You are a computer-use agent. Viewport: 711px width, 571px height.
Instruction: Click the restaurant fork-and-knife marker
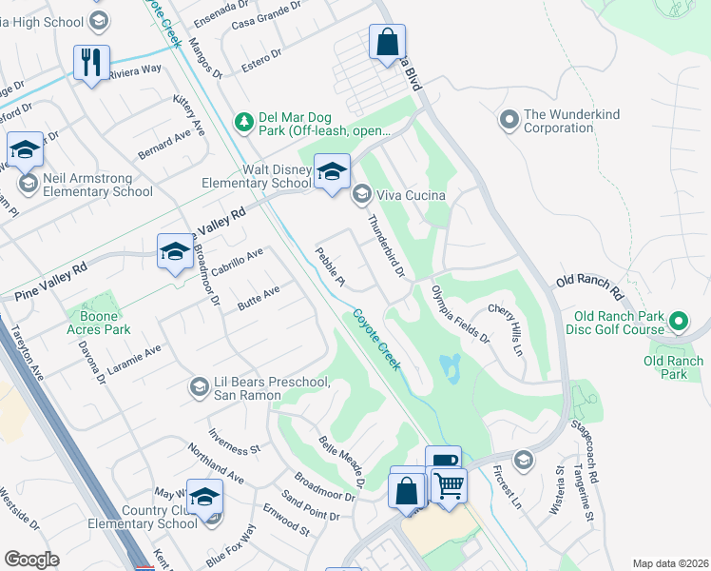(x=91, y=63)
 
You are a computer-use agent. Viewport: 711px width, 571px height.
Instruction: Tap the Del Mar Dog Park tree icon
(x=244, y=121)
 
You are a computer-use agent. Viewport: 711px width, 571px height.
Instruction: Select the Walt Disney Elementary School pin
(x=332, y=171)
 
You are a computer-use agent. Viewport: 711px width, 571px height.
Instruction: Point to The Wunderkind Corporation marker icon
(x=509, y=121)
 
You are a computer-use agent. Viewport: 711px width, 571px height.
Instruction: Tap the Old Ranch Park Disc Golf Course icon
(x=680, y=322)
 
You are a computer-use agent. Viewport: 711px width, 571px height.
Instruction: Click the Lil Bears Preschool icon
(x=199, y=385)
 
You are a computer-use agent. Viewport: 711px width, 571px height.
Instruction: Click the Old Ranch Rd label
(x=588, y=282)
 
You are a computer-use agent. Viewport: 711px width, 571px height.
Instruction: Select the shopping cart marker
(x=449, y=485)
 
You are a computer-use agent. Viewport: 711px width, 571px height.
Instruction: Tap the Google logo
(x=31, y=560)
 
